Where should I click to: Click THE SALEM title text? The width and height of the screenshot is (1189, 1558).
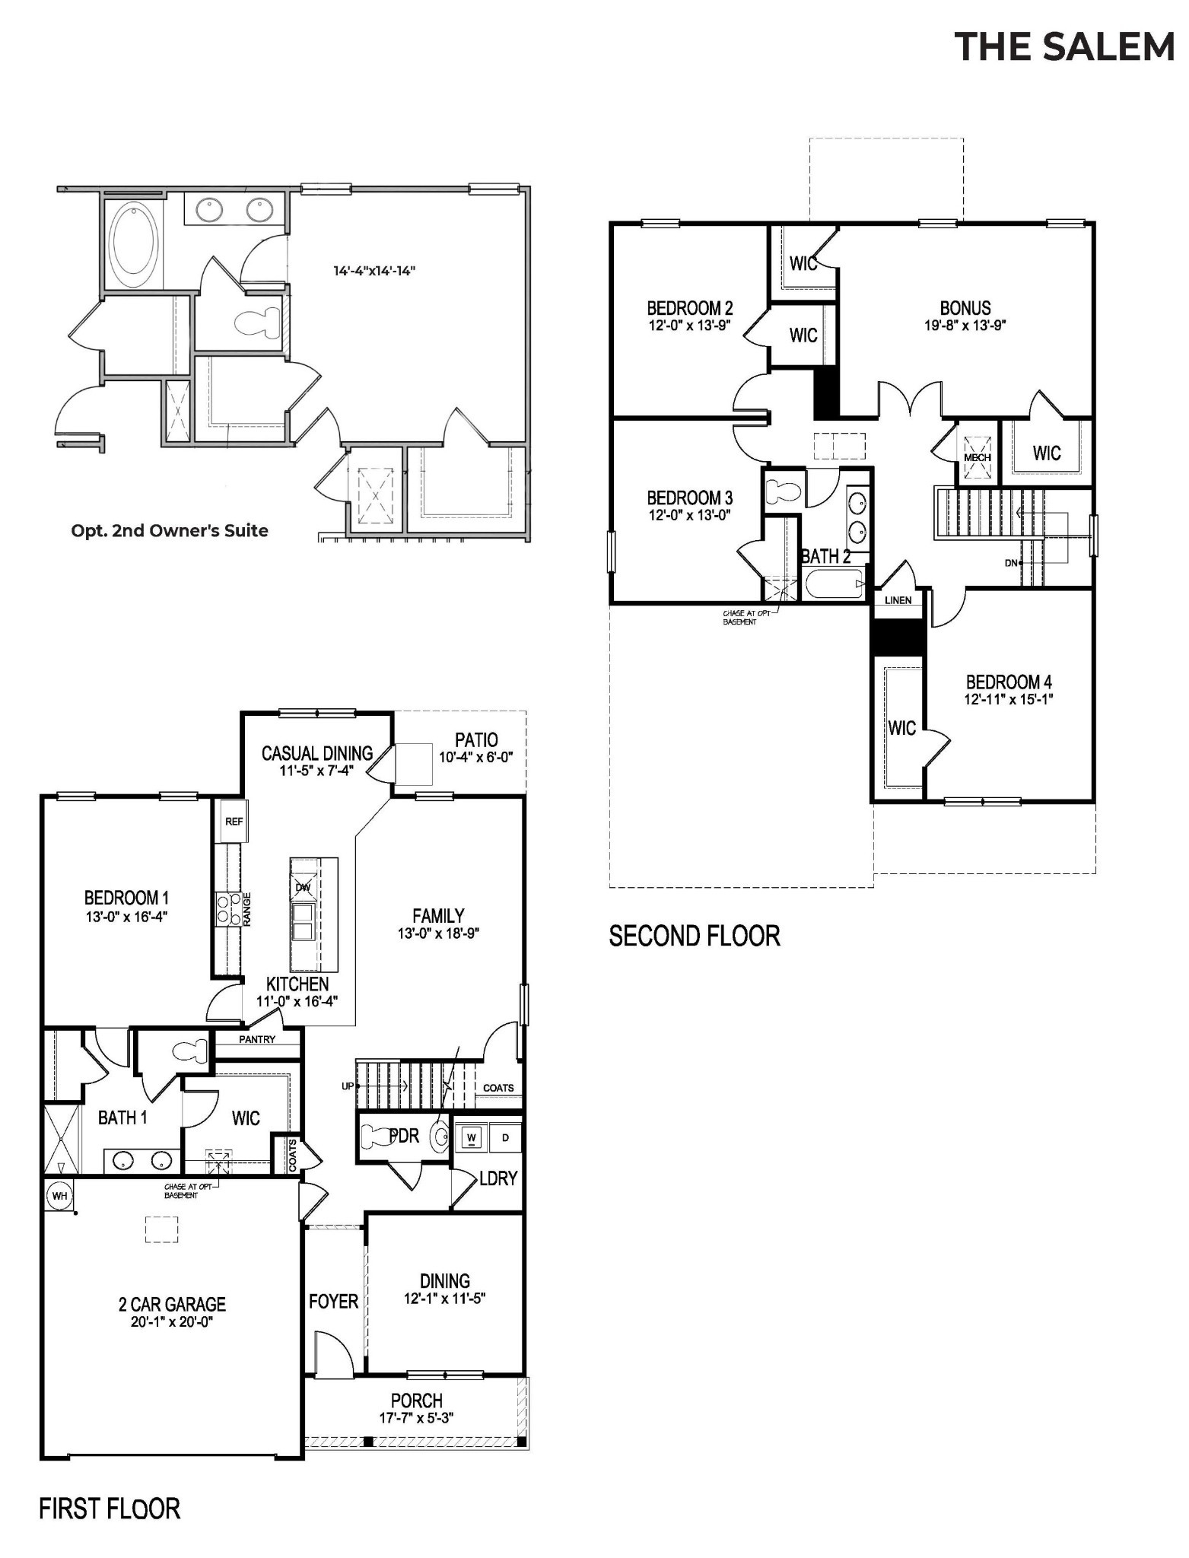pos(1064,46)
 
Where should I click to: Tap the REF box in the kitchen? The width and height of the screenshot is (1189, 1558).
pos(234,822)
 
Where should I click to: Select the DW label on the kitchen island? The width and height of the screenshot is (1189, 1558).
pos(303,887)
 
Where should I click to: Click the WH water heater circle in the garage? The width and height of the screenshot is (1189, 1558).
pos(59,1196)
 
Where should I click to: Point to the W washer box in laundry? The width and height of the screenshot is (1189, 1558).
pos(472,1138)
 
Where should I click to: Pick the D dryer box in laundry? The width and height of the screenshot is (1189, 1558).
pos(505,1138)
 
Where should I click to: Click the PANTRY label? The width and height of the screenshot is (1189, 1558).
pos(257,1039)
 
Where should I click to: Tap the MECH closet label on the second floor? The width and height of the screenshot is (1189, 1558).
pos(977,457)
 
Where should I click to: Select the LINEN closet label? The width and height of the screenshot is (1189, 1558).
pos(898,600)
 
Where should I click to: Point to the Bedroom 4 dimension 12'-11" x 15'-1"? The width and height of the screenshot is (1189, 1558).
pos(1008,699)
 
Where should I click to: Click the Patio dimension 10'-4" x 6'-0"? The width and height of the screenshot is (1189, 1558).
pos(476,757)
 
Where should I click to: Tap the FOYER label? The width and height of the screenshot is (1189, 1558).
pos(333,1302)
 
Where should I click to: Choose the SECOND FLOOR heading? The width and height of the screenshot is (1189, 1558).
pos(694,936)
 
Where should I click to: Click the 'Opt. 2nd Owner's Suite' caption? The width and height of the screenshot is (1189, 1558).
pos(170,531)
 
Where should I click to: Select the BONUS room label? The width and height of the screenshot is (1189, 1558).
pos(965,308)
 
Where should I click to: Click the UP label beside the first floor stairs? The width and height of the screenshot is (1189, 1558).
pos(348,1086)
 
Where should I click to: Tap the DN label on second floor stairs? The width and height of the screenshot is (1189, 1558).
pos(1011,562)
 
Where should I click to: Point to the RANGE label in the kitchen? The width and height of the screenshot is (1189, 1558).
pos(247,908)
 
